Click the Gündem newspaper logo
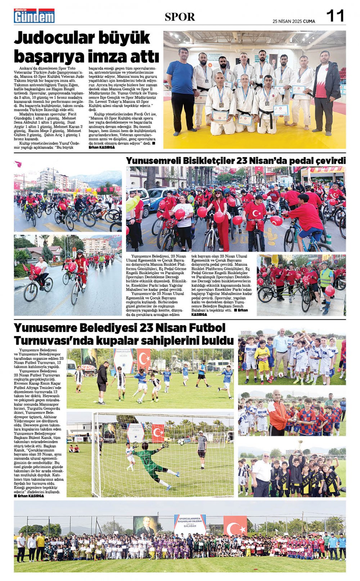pos(34,16)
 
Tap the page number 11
pos(335,16)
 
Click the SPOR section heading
pos(180,17)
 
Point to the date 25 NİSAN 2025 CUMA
pos(294,21)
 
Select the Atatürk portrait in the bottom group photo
pos(145,526)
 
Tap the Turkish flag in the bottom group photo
pos(235,526)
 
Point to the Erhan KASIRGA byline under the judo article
pos(102,147)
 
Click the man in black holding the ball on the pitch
pos(102,381)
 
